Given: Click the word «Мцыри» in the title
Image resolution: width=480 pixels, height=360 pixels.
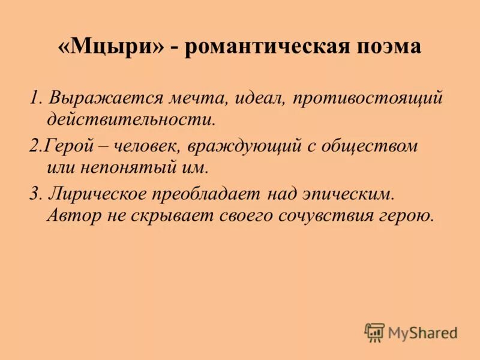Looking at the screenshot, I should pos(111,47).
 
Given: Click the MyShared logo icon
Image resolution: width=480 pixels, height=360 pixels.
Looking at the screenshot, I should pos(374,332).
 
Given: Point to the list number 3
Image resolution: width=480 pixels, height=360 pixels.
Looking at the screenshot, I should pos(34,194).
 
